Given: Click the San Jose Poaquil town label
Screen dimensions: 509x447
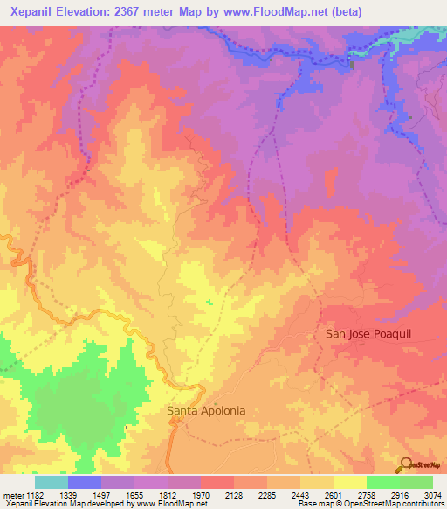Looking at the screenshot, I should pos(366,334).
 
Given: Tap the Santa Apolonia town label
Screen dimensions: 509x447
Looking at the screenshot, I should pos(206,409).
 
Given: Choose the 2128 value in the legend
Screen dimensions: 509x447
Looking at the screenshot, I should pos(234,495).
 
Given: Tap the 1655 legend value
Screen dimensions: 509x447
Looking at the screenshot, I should pos(134,495).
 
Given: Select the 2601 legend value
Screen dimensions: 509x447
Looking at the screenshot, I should pos(334,495).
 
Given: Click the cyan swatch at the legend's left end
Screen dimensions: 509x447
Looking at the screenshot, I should pos(52,482).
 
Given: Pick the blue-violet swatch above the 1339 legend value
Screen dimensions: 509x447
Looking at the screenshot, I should pos(85,482).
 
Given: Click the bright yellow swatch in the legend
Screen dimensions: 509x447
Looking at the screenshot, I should pos(349,482).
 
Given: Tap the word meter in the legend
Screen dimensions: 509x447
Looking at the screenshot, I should pos(12,495).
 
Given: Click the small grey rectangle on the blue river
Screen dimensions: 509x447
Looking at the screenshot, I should pos(353,64).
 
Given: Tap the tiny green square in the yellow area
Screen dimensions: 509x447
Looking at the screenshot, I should pos(209,303).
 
